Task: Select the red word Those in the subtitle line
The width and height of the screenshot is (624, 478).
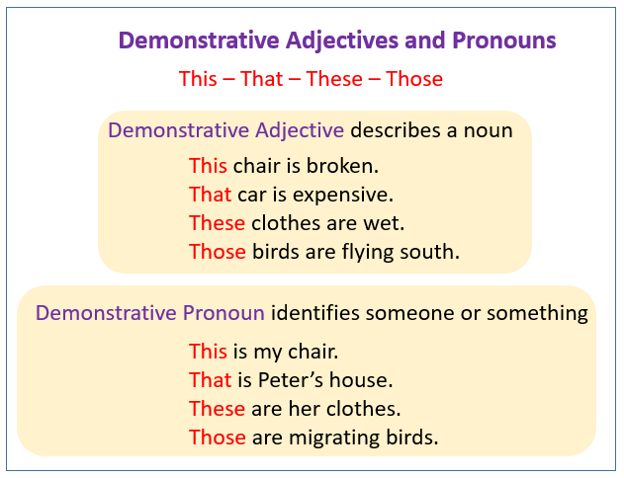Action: click(414, 79)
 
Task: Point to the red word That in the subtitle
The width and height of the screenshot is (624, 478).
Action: click(261, 79)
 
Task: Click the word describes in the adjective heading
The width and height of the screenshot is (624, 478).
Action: click(391, 130)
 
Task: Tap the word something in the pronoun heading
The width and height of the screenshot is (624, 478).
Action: click(541, 314)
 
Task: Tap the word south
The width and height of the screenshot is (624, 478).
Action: click(432, 252)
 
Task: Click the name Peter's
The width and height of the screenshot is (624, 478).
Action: click(289, 379)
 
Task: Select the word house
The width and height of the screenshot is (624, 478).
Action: click(365, 379)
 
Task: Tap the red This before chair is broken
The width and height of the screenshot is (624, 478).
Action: click(208, 166)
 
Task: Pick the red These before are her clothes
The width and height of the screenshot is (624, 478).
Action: click(217, 408)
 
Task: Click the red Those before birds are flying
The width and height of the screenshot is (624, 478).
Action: click(218, 252)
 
